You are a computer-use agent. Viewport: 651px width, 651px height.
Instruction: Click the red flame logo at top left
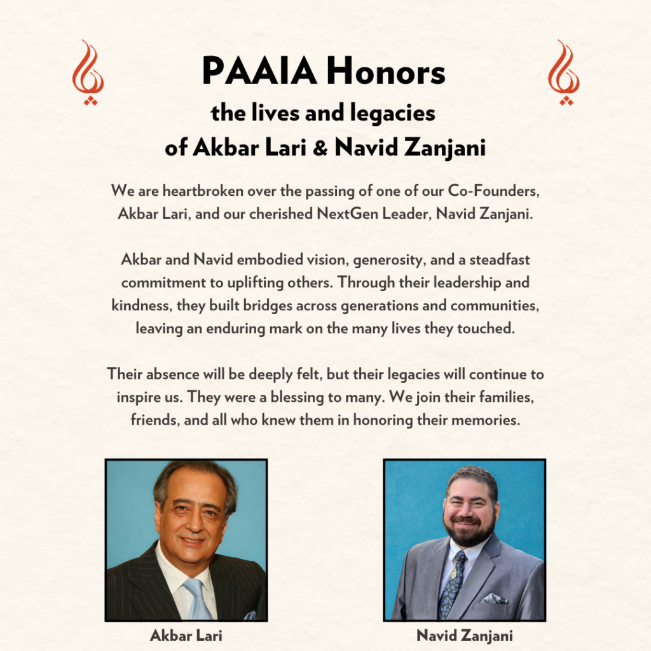88,72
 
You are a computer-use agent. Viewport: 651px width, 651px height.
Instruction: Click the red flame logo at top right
563,72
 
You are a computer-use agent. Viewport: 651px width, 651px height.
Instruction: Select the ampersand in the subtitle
321,147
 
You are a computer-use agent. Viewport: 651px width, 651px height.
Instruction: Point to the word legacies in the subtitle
396,114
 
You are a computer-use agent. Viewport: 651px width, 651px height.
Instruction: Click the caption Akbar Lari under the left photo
186,635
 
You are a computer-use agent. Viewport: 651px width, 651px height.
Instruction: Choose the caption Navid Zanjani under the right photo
464,635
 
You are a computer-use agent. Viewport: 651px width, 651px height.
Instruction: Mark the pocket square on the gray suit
494,598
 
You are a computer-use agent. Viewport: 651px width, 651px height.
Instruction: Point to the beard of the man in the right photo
471,535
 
